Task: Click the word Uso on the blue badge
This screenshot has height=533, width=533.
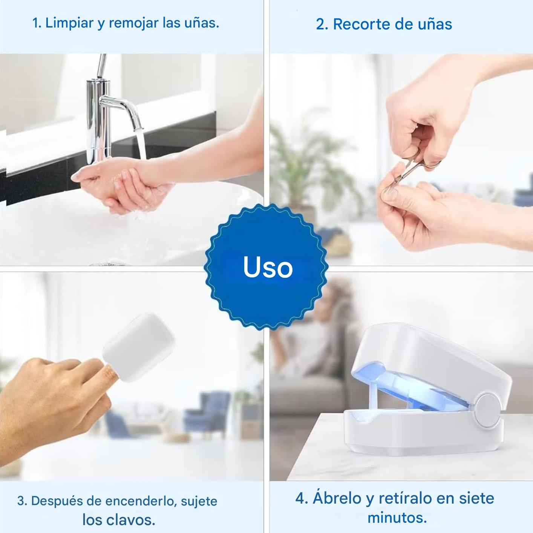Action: click(x=268, y=267)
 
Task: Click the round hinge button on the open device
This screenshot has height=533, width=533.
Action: click(x=488, y=410)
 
